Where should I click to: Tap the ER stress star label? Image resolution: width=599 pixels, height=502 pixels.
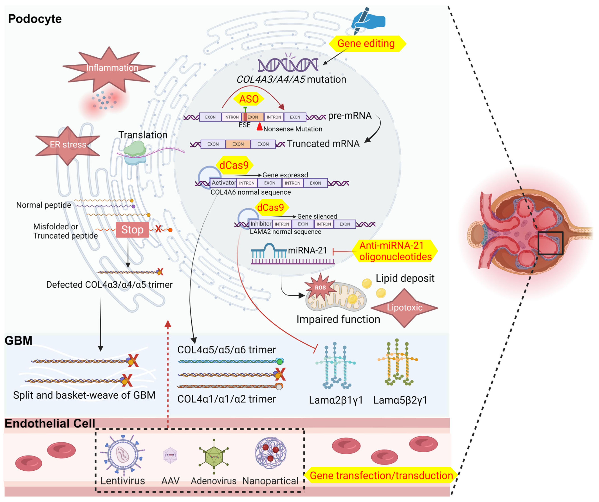(68, 145)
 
